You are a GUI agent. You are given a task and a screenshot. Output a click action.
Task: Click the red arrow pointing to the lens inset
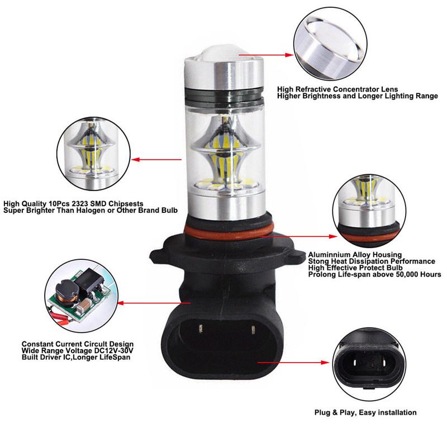point(268,55)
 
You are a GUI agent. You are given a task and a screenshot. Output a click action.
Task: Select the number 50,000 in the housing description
point(404,274)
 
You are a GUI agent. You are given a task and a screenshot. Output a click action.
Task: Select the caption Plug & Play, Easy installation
point(365,412)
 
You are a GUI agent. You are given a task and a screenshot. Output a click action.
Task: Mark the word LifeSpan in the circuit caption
point(115,357)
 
